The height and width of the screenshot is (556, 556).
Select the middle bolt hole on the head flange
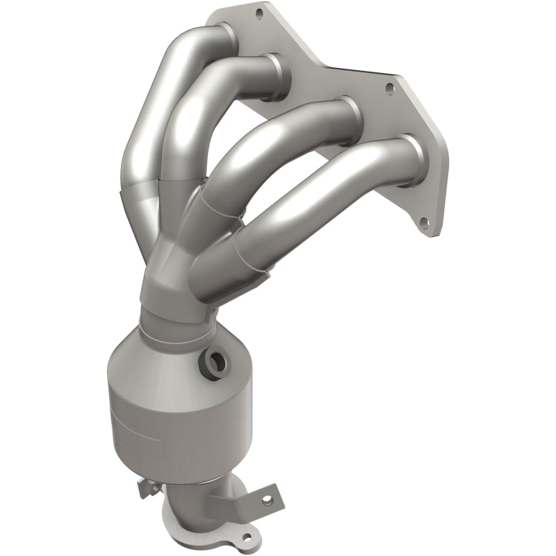[390, 88]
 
